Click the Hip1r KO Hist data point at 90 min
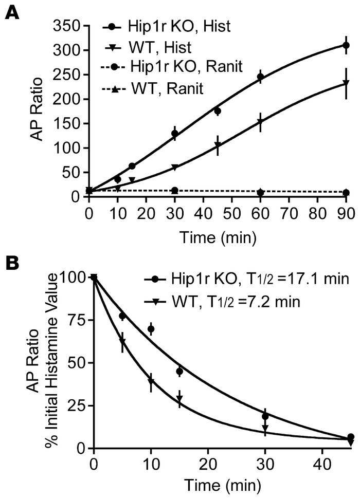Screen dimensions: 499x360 click(x=346, y=45)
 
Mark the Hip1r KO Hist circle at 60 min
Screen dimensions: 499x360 click(x=260, y=77)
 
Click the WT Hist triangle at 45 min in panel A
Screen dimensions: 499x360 click(x=218, y=146)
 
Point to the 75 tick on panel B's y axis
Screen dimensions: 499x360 click(x=72, y=320)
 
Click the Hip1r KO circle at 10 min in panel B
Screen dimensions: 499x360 click(x=151, y=329)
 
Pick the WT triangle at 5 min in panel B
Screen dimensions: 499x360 click(x=122, y=342)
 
